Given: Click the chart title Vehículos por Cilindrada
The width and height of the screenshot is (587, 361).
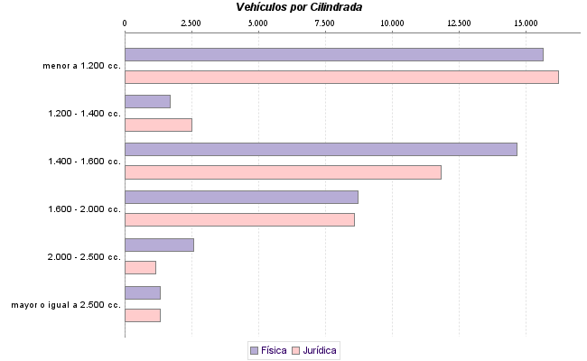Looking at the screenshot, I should (299, 7).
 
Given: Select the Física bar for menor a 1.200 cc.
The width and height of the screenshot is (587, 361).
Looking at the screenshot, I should (333, 54).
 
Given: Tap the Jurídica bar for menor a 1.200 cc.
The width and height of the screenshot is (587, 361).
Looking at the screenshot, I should (341, 77).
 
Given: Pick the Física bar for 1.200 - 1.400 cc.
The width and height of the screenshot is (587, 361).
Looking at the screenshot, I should (147, 102).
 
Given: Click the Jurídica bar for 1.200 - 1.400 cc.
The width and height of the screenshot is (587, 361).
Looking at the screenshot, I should (158, 125).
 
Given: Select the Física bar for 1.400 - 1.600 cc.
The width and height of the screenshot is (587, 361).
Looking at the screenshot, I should (321, 150).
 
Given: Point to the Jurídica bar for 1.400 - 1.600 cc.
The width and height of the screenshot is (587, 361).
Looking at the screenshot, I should (283, 172).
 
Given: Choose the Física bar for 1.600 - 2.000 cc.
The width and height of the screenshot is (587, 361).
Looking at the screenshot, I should (241, 197).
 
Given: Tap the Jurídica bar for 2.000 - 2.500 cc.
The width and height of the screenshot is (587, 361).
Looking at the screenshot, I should (140, 267).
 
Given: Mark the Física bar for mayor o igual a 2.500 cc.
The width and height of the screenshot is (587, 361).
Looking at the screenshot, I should (142, 292).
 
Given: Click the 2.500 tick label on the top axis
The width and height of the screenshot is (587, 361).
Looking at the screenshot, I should (191, 22).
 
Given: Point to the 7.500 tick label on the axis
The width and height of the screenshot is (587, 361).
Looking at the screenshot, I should (325, 22).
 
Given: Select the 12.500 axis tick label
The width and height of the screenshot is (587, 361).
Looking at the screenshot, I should (459, 22).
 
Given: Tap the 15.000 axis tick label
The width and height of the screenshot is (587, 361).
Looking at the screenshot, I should (526, 22).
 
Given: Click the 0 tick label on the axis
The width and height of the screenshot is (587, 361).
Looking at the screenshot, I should (125, 22).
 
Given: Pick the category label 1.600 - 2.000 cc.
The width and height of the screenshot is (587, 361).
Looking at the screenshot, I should (84, 209).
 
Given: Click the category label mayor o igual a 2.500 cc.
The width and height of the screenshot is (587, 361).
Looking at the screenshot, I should (66, 305).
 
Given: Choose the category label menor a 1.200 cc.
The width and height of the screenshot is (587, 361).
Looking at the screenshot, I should (81, 66).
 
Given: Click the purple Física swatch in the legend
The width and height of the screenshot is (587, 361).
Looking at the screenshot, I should (254, 349).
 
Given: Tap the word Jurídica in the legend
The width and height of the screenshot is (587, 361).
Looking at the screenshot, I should (320, 349).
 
